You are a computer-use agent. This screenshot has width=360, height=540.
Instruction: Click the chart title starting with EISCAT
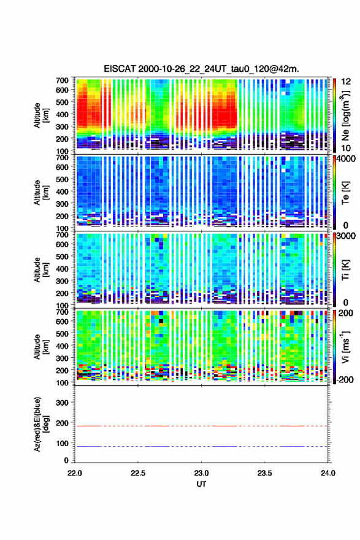[x=201, y=69]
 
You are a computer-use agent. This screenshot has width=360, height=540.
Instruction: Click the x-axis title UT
[x=201, y=484]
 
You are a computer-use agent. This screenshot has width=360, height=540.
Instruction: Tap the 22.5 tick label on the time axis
[x=138, y=473]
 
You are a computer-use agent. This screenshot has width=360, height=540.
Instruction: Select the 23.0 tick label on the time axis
[x=201, y=473]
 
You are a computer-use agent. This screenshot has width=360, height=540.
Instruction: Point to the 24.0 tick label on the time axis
[x=327, y=473]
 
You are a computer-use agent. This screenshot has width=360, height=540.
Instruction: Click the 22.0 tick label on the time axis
[x=75, y=473]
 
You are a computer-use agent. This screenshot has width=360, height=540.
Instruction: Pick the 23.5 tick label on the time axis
[x=265, y=473]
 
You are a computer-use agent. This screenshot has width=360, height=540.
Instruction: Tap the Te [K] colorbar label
[x=345, y=193]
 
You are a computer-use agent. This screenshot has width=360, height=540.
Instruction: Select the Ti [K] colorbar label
[x=345, y=269]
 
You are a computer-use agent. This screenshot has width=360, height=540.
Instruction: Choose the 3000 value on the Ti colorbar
[x=347, y=236]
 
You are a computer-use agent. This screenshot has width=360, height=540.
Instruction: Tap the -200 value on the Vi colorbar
[x=344, y=379]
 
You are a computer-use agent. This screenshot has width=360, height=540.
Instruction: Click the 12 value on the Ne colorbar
[x=346, y=82]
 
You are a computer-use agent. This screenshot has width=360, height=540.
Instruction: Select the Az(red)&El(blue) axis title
[x=41, y=424]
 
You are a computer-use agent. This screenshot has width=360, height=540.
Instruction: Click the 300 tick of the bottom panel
[x=63, y=403]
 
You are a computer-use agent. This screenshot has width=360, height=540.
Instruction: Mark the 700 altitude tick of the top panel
[x=63, y=80]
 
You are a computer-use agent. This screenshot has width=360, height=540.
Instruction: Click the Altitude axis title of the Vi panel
[x=41, y=347]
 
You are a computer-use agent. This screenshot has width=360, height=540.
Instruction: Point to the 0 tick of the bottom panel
[x=66, y=460]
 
